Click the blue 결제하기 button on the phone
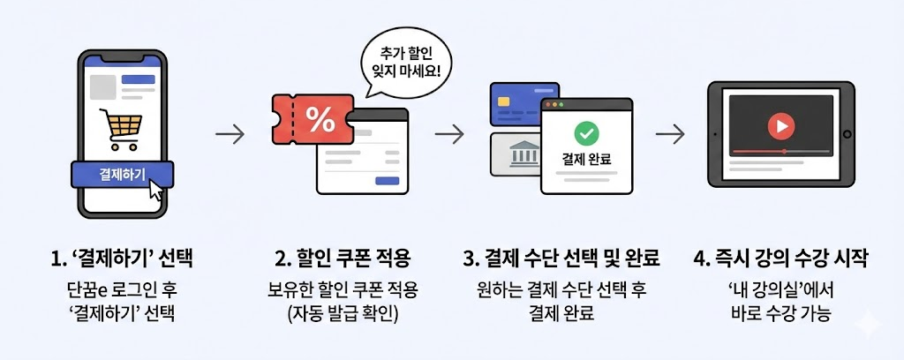[x=122, y=174]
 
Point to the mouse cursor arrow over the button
[x=155, y=189]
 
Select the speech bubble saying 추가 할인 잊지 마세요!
[x=408, y=59]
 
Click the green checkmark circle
[x=585, y=133]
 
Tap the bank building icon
[x=525, y=157]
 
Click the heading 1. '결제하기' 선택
[x=121, y=259]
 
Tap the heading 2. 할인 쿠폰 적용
[x=343, y=259]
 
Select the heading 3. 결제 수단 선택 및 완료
[x=561, y=259]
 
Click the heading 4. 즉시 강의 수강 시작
[x=781, y=259]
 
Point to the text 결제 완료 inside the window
[x=586, y=159]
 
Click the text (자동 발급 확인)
[x=343, y=312]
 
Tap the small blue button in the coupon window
[x=387, y=181]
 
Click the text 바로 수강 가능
[x=781, y=312]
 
